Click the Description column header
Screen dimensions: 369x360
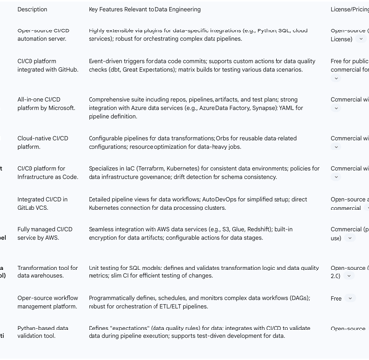(x=31, y=9)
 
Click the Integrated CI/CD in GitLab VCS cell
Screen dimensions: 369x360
(x=43, y=204)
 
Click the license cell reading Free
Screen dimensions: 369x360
(x=337, y=298)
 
